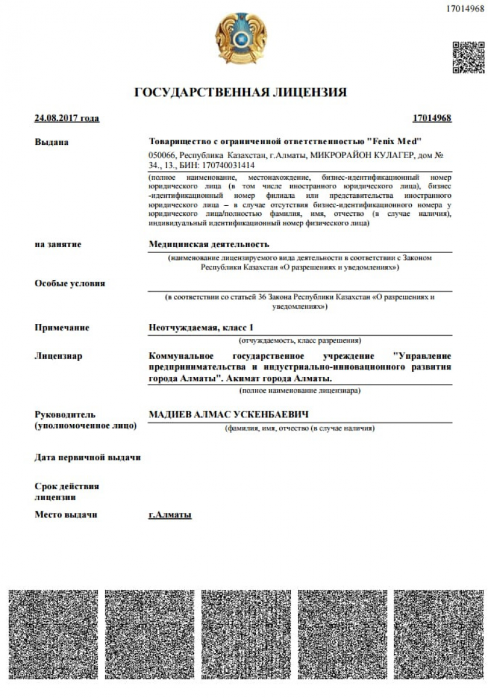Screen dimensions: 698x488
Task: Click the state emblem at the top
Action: [241, 40]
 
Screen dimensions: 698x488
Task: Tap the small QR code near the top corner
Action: [468, 57]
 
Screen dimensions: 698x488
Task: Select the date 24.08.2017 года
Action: [67, 119]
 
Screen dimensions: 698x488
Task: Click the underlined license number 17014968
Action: [432, 119]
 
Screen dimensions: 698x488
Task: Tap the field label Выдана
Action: [52, 142]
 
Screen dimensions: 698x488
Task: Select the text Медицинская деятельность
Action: [209, 244]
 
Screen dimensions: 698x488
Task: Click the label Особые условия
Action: [70, 283]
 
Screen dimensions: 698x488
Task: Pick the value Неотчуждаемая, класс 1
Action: [201, 327]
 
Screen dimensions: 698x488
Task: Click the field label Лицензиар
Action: [59, 355]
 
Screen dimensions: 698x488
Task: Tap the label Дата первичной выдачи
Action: [88, 457]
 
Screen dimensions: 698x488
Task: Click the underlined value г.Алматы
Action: [170, 515]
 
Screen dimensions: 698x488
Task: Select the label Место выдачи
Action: [66, 515]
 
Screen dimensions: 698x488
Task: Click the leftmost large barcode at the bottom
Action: [53, 634]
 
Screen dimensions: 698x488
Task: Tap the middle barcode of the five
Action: [244, 634]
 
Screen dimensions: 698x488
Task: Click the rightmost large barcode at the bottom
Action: [436, 634]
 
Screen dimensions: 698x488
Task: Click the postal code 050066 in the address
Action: [163, 156]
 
